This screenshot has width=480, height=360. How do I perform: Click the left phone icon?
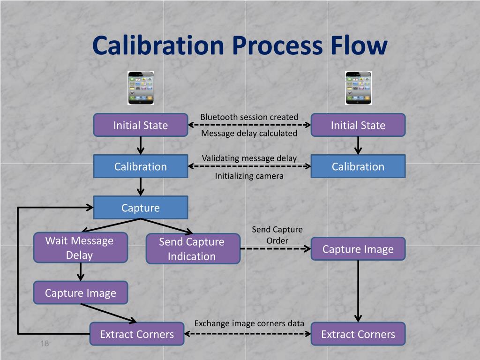tap(141, 88)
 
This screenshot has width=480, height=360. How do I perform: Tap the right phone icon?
tap(358, 88)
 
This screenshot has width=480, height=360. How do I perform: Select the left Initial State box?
tap(141, 125)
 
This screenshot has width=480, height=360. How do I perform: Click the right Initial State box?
tap(358, 125)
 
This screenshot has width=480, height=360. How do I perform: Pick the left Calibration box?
tap(141, 166)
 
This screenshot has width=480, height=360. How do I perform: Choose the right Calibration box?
tap(358, 166)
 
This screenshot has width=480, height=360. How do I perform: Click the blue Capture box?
tap(141, 208)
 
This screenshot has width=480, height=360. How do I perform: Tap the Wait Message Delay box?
tap(80, 247)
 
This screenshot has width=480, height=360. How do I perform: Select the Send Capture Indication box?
tap(193, 249)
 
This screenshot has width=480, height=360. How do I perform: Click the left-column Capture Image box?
tap(80, 293)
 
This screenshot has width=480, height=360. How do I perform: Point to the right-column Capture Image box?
tap(358, 249)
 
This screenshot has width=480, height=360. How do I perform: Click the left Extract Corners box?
tap(137, 334)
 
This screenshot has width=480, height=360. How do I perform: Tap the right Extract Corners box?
tap(358, 334)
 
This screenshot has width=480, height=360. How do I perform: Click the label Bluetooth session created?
tap(249, 117)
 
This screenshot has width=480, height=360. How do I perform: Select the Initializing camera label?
tap(249, 176)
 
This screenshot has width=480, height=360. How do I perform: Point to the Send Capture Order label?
tap(277, 235)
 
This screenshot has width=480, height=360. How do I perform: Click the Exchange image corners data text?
tap(249, 323)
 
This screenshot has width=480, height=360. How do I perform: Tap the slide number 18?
tap(45, 344)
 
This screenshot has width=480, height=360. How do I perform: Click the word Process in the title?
tap(277, 45)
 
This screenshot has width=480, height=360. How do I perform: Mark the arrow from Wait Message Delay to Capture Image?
tap(80, 271)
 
